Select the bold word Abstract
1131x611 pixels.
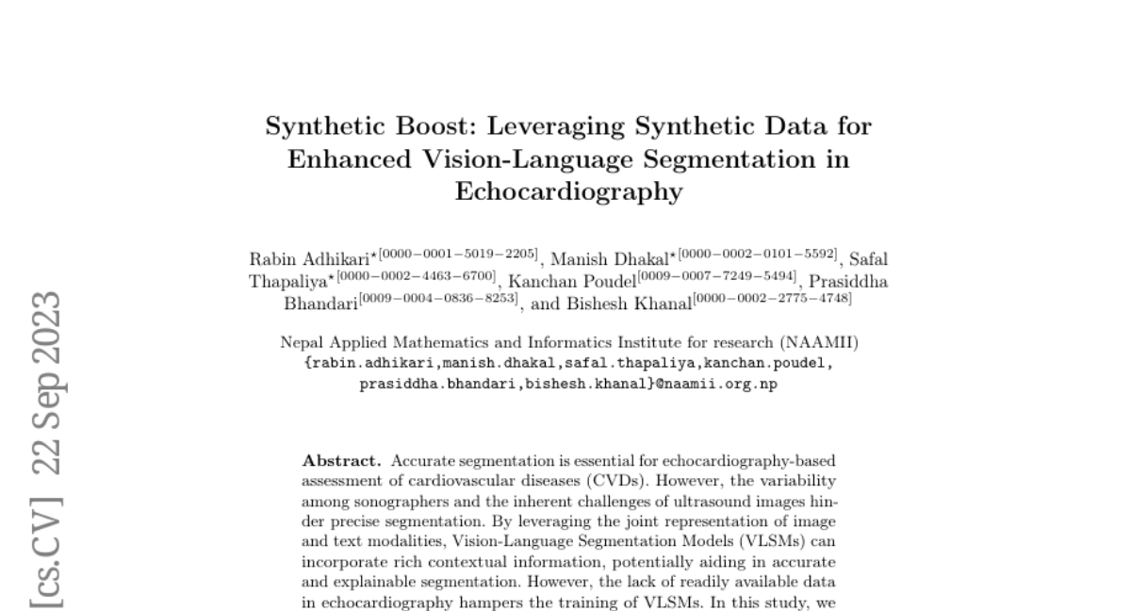tap(341, 461)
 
